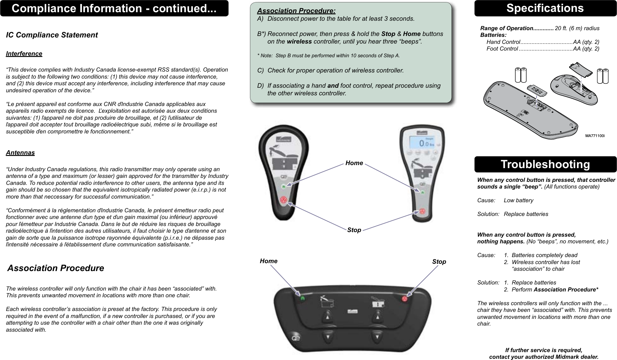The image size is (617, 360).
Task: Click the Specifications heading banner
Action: click(545, 8)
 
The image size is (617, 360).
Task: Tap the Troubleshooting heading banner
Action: click(545, 164)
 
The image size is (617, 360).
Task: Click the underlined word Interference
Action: click(24, 54)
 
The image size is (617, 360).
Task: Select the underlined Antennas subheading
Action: click(20, 153)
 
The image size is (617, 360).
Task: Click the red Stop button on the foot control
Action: click(404, 299)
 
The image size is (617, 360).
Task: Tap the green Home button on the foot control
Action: click(302, 298)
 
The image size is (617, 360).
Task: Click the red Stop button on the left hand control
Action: click(284, 200)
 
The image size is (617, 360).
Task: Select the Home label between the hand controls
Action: click(354, 163)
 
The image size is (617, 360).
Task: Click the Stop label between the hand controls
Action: click(354, 230)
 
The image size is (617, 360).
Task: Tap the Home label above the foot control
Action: click(268, 261)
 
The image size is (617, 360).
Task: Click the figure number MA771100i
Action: click(594, 136)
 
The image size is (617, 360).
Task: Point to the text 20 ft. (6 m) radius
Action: click(577, 28)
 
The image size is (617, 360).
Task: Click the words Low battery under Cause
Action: click(518, 200)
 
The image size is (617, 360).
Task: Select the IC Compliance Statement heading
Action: click(52, 35)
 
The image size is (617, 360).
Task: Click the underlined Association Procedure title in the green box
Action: click(296, 11)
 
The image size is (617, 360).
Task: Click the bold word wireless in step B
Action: click(299, 41)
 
